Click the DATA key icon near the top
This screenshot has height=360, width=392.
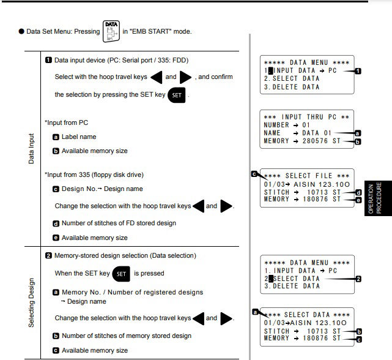111,31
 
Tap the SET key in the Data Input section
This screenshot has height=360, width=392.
177,95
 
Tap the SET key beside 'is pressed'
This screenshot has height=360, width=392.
121,274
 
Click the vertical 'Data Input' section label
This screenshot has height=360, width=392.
31,149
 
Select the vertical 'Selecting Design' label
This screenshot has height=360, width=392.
31,302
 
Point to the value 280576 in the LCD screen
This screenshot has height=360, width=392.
315,141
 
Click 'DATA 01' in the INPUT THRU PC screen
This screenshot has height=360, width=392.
317,133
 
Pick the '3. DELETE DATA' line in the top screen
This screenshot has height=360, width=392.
292,87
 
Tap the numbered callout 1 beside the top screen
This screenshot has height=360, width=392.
358,71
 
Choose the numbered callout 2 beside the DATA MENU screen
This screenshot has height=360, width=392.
358,279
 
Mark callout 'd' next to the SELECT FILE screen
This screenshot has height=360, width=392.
358,192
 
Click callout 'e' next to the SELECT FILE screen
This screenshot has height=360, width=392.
358,200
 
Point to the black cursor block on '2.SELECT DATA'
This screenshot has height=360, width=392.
270,279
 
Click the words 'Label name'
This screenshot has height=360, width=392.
79,137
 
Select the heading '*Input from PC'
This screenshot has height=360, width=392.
66,122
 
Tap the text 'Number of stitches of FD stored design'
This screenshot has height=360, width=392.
119,223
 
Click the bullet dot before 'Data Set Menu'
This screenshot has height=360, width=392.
21,31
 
